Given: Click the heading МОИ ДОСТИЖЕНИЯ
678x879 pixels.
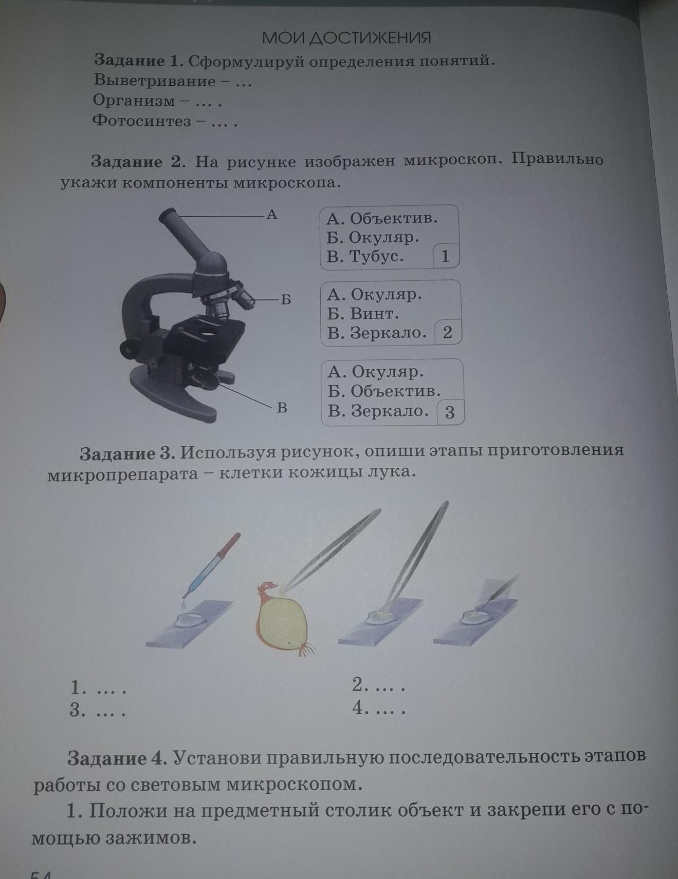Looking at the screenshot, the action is click(x=346, y=37).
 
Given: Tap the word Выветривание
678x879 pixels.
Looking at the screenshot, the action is click(x=155, y=81).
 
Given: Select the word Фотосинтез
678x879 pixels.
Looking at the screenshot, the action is click(x=141, y=121).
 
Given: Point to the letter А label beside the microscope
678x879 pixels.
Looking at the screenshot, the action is click(x=272, y=214).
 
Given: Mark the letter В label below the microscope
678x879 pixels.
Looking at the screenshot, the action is click(x=282, y=408).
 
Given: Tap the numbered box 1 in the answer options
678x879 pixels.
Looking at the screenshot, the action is click(x=445, y=256).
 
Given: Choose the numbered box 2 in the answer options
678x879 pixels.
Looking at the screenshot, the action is click(x=447, y=332).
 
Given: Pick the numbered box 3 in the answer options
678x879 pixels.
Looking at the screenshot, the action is click(x=450, y=412).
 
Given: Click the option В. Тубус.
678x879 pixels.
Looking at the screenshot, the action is click(x=365, y=256).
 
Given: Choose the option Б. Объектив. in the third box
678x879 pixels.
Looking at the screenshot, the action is click(x=384, y=391).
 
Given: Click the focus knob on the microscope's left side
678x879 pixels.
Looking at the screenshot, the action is click(x=131, y=348).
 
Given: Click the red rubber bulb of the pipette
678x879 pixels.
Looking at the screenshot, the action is click(x=229, y=545).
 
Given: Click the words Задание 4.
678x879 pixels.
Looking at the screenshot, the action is click(x=117, y=758).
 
